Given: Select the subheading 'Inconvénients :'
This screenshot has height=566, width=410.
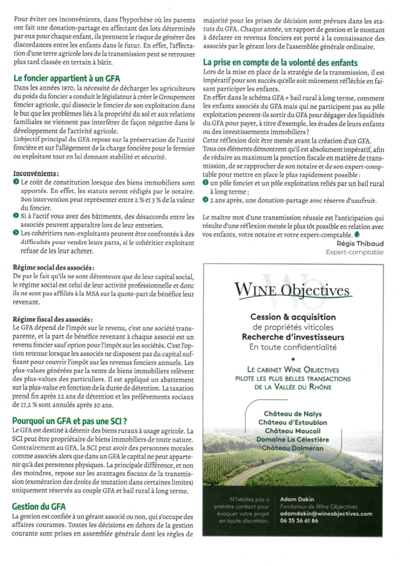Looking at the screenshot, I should [x=36, y=173].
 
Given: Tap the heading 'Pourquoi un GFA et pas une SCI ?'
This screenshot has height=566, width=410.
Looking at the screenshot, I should [x=70, y=421].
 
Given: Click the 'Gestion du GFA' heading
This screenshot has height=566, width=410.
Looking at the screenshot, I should [x=39, y=506].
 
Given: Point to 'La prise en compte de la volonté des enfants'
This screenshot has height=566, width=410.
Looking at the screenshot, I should [x=280, y=62].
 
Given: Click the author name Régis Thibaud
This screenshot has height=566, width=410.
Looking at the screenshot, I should [x=360, y=243].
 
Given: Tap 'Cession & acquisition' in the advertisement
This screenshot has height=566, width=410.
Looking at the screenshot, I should [x=292, y=317].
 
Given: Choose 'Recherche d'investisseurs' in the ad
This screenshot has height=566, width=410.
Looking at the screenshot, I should [x=292, y=337].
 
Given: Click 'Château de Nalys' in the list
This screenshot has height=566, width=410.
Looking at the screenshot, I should [x=292, y=413].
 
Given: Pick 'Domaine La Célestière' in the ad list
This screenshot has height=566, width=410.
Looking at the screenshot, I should [x=292, y=439].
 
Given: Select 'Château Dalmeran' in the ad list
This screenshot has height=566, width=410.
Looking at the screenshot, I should [x=292, y=448].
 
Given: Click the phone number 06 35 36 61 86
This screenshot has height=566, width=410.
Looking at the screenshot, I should [x=299, y=520].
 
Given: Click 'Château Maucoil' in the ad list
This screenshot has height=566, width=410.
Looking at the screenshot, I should [x=292, y=431].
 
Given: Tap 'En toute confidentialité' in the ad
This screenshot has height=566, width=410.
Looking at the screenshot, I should [x=292, y=347].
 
